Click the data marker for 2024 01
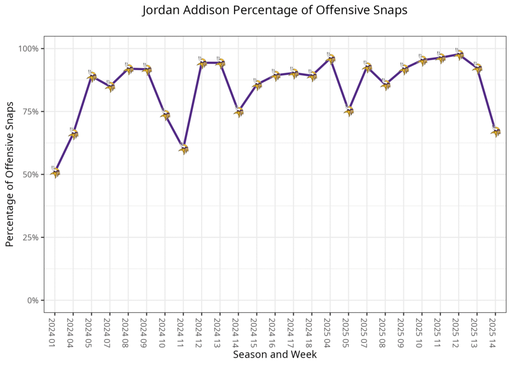click(x=55, y=172)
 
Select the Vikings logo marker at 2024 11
click(x=183, y=149)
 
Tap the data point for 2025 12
click(x=459, y=54)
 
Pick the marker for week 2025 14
click(x=495, y=132)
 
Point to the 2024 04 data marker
click(x=73, y=133)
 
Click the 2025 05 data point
click(x=349, y=111)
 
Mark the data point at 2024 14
click(x=238, y=112)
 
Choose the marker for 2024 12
click(x=202, y=63)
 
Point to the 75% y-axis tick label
click(x=31, y=112)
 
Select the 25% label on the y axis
click(x=31, y=237)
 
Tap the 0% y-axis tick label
click(x=33, y=300)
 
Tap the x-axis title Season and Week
click(x=274, y=354)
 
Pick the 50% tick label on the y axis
click(x=31, y=175)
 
